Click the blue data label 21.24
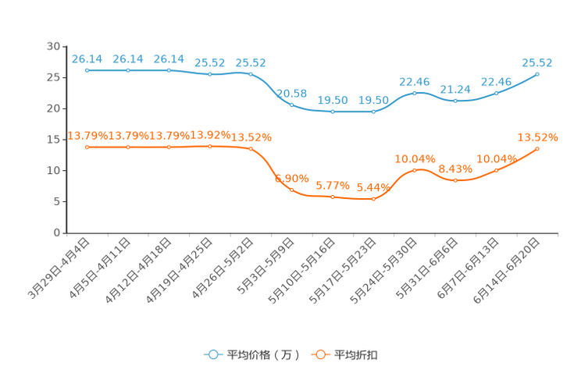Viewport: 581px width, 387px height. [x=455, y=89]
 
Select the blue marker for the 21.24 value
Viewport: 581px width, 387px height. [x=455, y=101]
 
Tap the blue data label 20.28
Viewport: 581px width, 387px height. [x=291, y=93]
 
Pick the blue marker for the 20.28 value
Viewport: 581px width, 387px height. [x=291, y=105]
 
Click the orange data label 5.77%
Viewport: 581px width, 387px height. [x=332, y=186]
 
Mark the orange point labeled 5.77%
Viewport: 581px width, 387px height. [x=333, y=197]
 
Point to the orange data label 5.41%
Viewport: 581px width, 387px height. [x=372, y=187]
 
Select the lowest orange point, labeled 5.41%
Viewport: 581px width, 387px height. [x=373, y=200]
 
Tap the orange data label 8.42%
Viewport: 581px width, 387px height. [x=455, y=168]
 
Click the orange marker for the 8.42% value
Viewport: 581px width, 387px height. [x=455, y=179]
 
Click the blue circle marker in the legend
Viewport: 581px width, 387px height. [x=212, y=354]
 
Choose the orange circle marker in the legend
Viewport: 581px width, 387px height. [x=320, y=354]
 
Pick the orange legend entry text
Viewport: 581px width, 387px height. [x=356, y=355]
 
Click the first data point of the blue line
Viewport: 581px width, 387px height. [x=87, y=70]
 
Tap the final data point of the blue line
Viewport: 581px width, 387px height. [x=537, y=73]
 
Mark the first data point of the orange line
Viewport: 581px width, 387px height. [x=87, y=147]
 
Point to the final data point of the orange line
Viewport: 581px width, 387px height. [x=537, y=147]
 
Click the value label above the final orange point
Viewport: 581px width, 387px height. [x=537, y=137]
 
